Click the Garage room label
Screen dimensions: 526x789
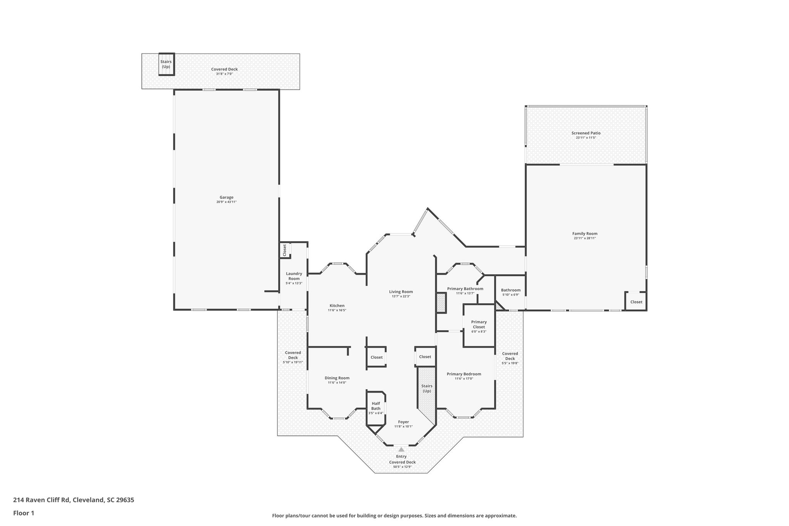(227, 197)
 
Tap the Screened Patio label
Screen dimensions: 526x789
(586, 133)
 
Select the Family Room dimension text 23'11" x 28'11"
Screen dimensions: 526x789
(584, 238)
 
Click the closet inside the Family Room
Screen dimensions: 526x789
(636, 302)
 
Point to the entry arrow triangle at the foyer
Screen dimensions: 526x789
(401, 449)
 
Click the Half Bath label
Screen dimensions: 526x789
(376, 406)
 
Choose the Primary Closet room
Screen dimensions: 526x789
(479, 324)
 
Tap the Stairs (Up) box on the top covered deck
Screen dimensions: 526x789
(166, 64)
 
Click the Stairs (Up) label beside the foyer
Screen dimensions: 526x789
(426, 388)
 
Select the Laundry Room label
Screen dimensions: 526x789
(294, 276)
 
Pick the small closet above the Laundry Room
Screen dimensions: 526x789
(285, 250)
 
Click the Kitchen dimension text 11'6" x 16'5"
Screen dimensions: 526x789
(337, 310)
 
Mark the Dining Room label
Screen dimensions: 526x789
(337, 378)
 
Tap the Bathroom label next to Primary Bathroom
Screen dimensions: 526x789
(510, 290)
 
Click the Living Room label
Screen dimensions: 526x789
(401, 292)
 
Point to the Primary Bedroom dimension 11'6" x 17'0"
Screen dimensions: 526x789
(463, 378)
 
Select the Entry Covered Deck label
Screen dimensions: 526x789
(402, 459)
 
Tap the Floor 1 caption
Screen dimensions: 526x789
(24, 513)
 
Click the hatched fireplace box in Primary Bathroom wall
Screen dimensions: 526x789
(441, 303)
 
